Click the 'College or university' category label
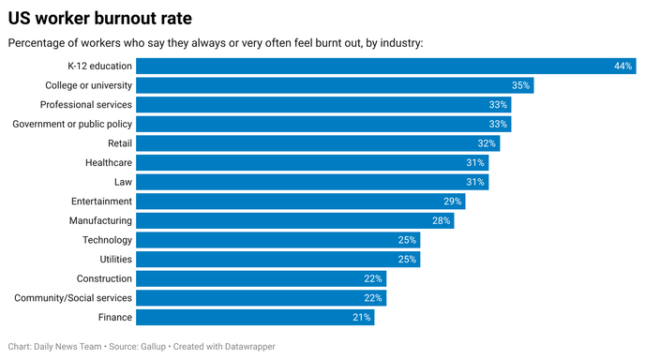click(89, 85)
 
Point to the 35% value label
click(522, 85)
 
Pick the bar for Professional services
click(323, 104)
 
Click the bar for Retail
click(318, 143)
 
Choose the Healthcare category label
click(108, 162)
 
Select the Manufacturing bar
click(295, 220)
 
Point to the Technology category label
click(107, 240)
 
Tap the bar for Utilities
click(277, 259)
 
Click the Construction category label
click(104, 278)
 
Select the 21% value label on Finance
click(362, 318)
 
